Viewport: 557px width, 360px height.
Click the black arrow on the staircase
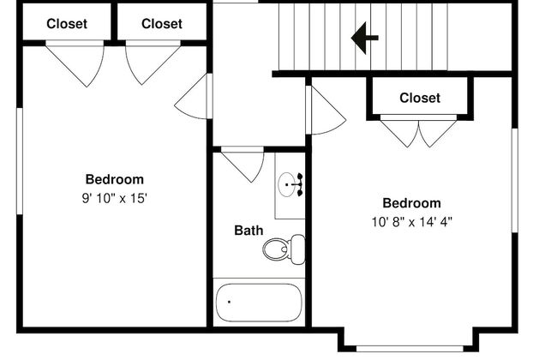click(x=364, y=38)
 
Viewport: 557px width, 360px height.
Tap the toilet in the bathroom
click(x=284, y=249)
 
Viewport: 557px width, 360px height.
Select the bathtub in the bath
click(x=259, y=303)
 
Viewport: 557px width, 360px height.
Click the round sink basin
click(x=287, y=184)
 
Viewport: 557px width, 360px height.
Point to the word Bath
click(x=249, y=231)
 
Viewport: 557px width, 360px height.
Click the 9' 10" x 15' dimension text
click(x=114, y=198)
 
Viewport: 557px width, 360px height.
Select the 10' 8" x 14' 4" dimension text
click(x=411, y=222)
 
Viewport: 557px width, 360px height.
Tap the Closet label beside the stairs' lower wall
click(x=420, y=98)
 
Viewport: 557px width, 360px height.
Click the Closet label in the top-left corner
click(x=67, y=24)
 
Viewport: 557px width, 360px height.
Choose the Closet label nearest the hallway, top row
click(x=162, y=24)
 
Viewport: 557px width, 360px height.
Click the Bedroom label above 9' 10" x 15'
click(x=114, y=179)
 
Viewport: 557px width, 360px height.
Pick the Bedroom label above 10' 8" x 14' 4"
click(x=411, y=203)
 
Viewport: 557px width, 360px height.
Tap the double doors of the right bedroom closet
click(x=418, y=131)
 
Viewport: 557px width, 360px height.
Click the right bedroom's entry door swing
click(x=326, y=111)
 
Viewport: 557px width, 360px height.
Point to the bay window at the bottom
click(x=410, y=349)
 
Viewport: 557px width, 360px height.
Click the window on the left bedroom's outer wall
click(x=20, y=161)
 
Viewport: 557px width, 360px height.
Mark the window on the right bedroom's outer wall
click(x=515, y=181)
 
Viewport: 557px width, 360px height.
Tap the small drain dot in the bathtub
click(x=229, y=302)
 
